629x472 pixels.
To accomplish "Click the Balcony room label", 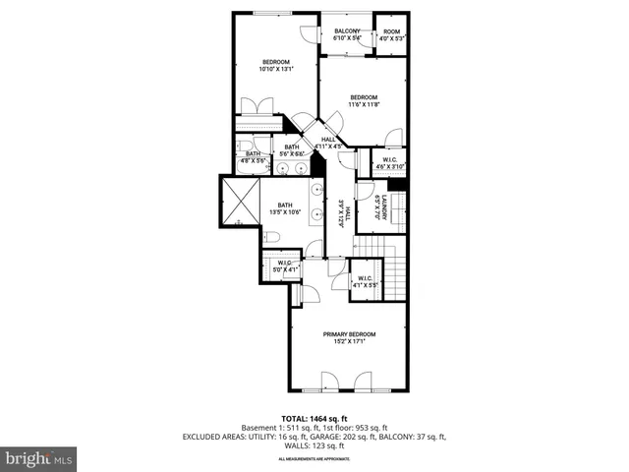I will (x=347, y=31).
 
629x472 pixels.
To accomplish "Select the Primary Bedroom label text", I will (x=349, y=334).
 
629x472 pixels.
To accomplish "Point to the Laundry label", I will (x=386, y=208).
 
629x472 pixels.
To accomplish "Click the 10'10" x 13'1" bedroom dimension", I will (x=275, y=70).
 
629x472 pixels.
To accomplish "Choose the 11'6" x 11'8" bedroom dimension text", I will (x=365, y=104).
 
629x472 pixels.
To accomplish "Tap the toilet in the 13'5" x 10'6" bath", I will (x=272, y=237).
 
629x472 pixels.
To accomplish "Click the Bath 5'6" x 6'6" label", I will (x=292, y=150).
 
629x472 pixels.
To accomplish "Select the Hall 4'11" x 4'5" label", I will (x=328, y=144).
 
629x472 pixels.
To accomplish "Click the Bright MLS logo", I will (x=39, y=458).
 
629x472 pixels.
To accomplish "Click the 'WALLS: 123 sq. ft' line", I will (x=314, y=444).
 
